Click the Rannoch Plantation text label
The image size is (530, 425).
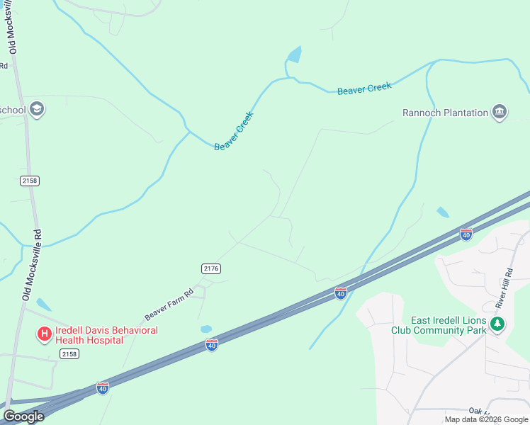coord(445,113)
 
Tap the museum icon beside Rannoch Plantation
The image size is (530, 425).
coord(500,112)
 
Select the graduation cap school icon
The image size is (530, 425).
coord(37,109)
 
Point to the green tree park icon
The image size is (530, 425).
coord(498,324)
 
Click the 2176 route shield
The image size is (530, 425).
coord(210,268)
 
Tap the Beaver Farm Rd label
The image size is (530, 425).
coord(169,304)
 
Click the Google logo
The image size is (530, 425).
coord(23,416)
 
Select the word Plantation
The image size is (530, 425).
coord(463,113)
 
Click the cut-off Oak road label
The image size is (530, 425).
coord(476,411)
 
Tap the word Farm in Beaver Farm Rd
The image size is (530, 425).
coord(172,302)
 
